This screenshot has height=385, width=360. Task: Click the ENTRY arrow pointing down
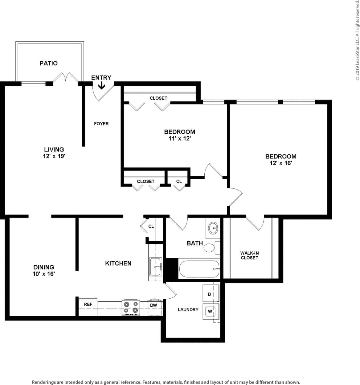[x=101, y=85]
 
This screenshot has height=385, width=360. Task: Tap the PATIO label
[x=48, y=63]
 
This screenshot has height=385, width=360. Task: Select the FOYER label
[x=101, y=124]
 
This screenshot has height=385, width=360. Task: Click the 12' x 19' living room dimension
[x=54, y=156]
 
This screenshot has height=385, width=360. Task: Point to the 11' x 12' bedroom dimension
[x=179, y=139]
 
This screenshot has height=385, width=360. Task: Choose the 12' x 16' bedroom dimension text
[x=280, y=163]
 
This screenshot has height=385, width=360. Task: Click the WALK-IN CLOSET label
[x=249, y=255]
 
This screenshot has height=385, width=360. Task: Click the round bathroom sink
[x=213, y=228]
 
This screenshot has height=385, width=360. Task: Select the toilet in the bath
[x=210, y=248]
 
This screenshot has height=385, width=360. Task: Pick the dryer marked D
[x=211, y=294]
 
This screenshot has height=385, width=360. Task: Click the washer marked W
[x=211, y=311]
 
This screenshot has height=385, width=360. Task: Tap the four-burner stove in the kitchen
[x=131, y=308]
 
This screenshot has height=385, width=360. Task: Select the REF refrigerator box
[x=88, y=307]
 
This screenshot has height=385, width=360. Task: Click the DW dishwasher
[x=154, y=307]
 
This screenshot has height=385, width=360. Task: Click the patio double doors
[x=66, y=78]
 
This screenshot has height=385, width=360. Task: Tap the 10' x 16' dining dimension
[x=44, y=274]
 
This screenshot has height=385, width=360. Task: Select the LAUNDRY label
[x=188, y=309]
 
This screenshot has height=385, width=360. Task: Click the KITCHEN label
[x=118, y=263]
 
